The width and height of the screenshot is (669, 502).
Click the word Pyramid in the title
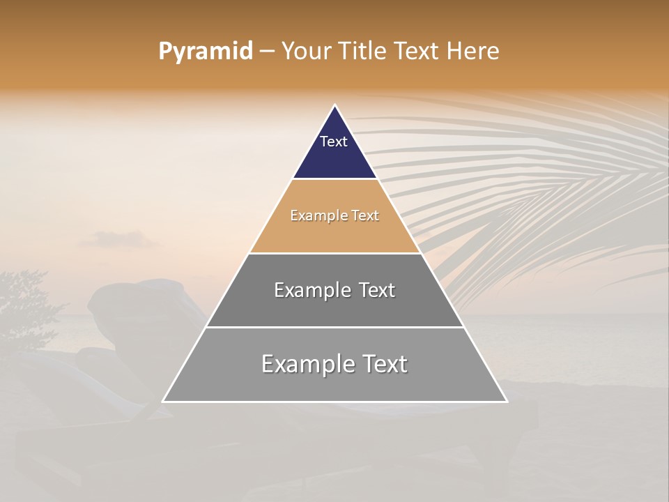coord(206,52)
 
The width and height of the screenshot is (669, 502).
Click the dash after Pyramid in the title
coord(267,52)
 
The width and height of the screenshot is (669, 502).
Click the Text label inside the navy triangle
coord(334,142)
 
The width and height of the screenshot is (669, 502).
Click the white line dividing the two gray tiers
coord(334,327)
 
